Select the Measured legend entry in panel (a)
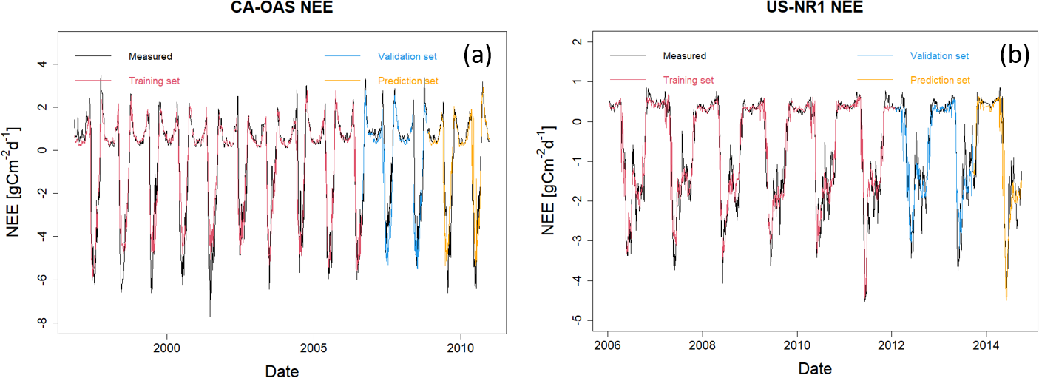(x=150, y=56)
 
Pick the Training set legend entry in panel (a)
(x=154, y=81)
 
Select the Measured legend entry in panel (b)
(x=684, y=56)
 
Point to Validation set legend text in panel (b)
(x=939, y=56)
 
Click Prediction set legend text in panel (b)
(x=940, y=80)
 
